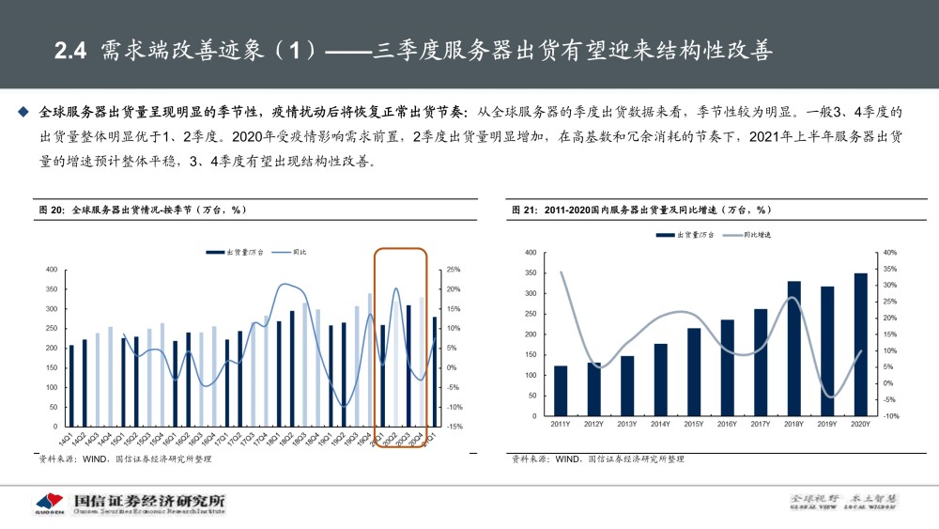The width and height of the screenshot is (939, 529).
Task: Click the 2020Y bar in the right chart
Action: tap(860, 344)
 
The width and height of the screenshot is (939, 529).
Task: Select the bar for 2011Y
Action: tap(561, 390)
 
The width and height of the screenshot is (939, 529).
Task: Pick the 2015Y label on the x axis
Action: tap(693, 425)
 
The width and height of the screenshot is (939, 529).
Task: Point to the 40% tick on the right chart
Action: tap(890, 253)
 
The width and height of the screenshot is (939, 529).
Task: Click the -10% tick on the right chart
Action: tap(890, 415)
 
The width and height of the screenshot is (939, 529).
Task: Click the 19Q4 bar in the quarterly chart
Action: tap(369, 360)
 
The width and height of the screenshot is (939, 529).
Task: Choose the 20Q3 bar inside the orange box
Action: tap(408, 366)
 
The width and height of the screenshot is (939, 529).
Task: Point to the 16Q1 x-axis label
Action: tap(173, 438)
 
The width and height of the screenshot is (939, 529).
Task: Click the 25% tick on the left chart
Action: tap(452, 270)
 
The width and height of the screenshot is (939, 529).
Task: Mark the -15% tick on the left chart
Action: tap(452, 427)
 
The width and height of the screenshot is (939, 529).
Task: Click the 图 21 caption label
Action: tap(524, 210)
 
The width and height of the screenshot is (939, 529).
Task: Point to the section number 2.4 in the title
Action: tap(69, 51)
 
